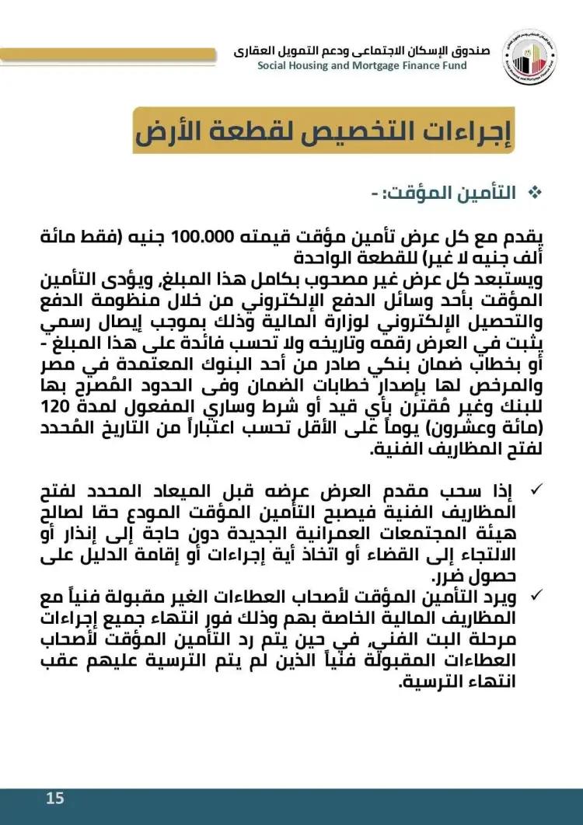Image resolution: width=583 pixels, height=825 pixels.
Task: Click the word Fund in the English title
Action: (x=453, y=65)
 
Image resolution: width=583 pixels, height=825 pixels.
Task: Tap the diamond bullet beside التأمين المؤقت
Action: (x=533, y=193)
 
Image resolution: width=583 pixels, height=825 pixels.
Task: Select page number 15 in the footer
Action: (x=54, y=798)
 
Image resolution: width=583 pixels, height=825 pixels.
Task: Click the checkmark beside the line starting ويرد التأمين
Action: (x=536, y=596)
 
